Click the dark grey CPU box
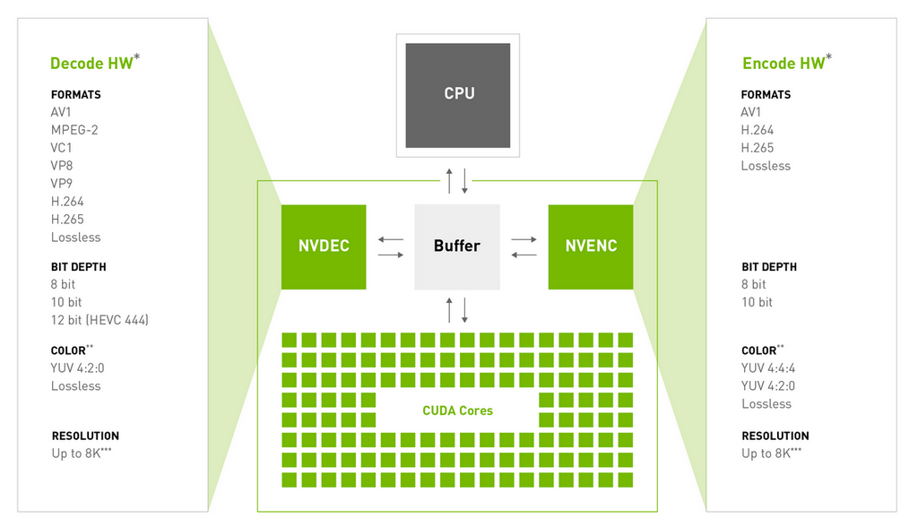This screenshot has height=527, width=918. tap(458, 94)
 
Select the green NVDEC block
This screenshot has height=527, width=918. tap(324, 246)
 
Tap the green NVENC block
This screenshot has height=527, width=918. tap(591, 246)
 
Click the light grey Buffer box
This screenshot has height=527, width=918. tap(457, 246)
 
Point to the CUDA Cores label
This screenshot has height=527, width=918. tap(457, 410)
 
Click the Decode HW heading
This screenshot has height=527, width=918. tap(91, 63)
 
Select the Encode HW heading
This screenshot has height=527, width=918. tap(783, 63)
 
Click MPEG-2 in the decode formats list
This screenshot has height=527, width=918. tap(74, 130)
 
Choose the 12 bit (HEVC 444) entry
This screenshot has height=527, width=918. tap(100, 320)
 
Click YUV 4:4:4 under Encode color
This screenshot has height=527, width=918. tap(768, 368)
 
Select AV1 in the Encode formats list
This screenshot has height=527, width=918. tap(751, 112)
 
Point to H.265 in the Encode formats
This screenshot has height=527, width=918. tap(758, 148)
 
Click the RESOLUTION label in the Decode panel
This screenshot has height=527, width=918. tap(85, 436)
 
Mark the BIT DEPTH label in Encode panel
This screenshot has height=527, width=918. tap(769, 267)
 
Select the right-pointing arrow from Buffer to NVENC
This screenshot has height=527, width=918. tap(524, 239)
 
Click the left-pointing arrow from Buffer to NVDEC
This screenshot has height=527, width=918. tap(391, 239)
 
